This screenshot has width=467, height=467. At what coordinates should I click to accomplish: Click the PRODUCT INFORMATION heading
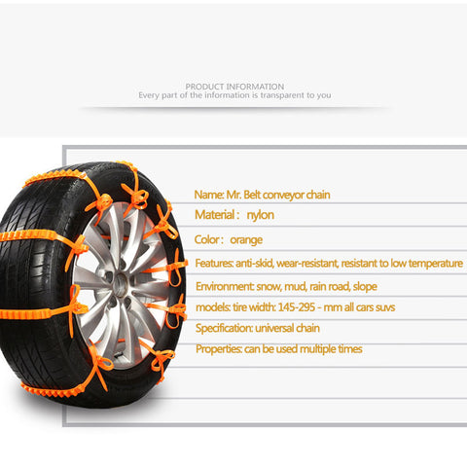tap(234, 87)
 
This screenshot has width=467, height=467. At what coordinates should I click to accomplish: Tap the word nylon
tap(260, 215)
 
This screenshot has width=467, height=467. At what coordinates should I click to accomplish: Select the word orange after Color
tap(246, 240)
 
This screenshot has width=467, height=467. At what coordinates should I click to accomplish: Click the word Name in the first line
tap(208, 195)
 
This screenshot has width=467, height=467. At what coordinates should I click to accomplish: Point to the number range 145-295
tap(297, 307)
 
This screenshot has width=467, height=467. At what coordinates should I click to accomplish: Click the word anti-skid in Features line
tap(254, 263)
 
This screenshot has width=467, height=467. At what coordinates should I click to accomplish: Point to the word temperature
tap(436, 264)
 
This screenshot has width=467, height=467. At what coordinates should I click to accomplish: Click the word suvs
tap(385, 307)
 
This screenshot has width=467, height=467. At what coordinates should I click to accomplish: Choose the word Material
tap(214, 215)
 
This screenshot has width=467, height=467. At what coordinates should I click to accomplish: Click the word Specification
tap(224, 329)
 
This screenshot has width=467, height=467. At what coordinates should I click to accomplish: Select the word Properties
tap(218, 349)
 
